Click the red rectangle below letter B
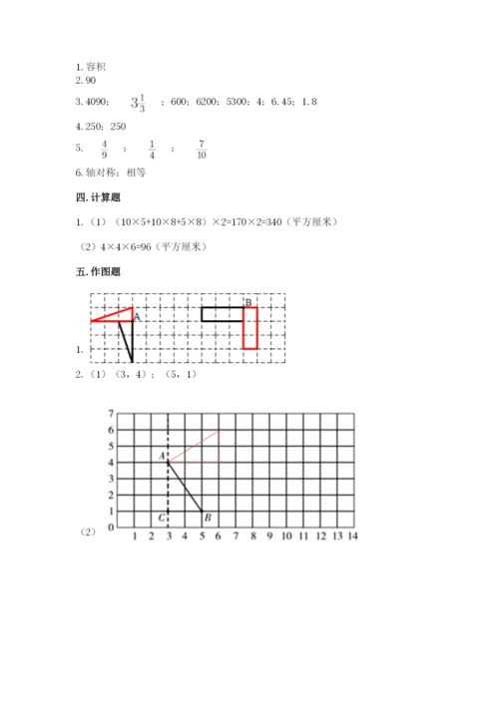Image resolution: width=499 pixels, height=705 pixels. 250,328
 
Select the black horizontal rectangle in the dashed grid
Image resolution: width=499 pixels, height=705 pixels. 222,314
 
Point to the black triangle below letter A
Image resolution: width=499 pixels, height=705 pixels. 127,339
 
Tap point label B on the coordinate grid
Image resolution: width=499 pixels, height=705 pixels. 207,517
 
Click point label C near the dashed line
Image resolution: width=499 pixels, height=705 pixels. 161,517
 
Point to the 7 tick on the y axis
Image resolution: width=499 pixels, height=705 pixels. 113,413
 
